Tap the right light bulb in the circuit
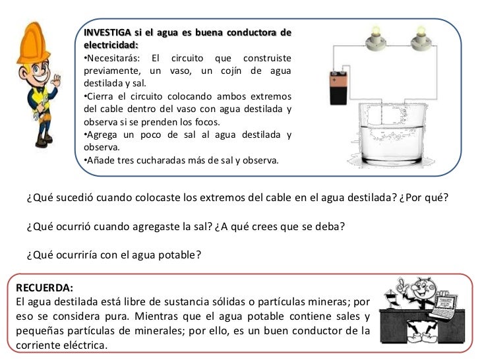pyautogui.click(x=419, y=42)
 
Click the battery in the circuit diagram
pyautogui.click(x=339, y=88)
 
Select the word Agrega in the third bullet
pyautogui.click(x=103, y=135)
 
